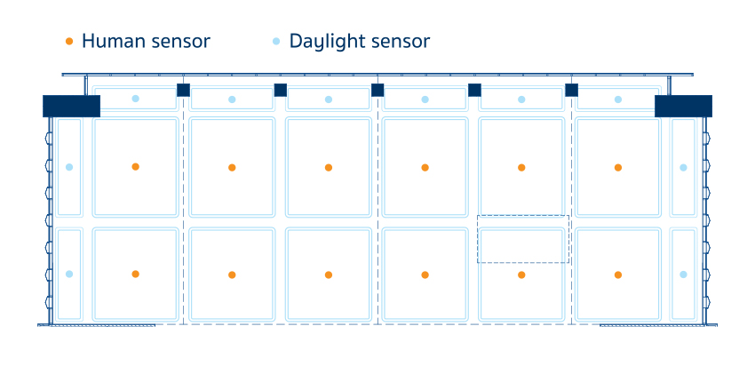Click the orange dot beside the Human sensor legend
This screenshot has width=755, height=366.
[69, 42]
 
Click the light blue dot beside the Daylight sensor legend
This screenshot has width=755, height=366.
[276, 42]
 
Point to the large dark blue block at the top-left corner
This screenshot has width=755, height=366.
[71, 106]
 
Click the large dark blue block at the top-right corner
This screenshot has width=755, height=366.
[683, 106]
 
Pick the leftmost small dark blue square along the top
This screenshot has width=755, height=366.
[183, 90]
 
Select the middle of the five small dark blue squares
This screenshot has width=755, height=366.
[377, 90]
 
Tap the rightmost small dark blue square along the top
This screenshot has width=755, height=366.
[571, 90]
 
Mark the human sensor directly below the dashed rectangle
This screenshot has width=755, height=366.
[521, 275]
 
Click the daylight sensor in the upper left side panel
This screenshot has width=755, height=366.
[69, 167]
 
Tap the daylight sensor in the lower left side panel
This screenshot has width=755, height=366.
[69, 274]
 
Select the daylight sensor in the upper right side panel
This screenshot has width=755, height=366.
[683, 167]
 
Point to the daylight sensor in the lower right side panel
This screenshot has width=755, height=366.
[683, 274]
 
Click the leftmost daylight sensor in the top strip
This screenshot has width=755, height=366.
[135, 99]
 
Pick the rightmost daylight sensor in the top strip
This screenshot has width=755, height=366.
[618, 99]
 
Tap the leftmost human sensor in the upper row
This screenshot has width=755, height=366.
[135, 166]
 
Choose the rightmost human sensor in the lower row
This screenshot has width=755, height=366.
[618, 274]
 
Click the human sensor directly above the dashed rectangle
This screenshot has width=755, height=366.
[521, 167]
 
